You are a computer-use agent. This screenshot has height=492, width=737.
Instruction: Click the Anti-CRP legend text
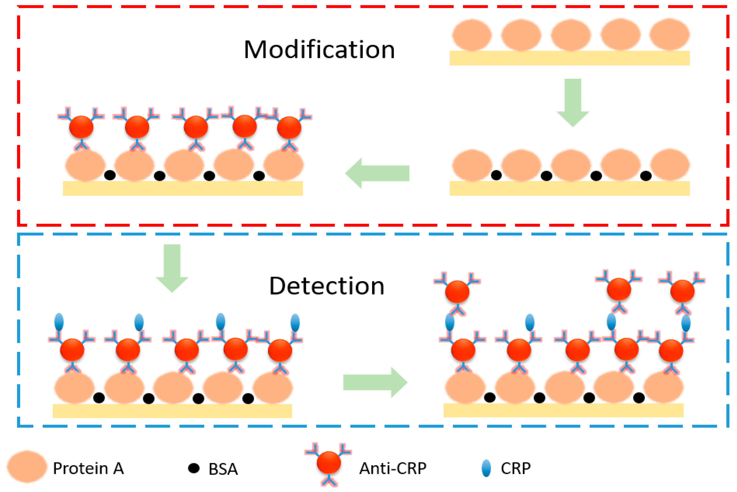pos(393,469)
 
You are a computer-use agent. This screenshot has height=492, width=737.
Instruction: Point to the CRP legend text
pos(516,469)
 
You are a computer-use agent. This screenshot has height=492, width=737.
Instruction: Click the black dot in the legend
pos(194,468)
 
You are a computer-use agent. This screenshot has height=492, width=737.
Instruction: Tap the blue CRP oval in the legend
pos(486,468)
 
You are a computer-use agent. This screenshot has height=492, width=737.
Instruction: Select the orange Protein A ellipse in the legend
pos(27,467)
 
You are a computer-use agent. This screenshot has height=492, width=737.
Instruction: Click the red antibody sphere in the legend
pos(329,462)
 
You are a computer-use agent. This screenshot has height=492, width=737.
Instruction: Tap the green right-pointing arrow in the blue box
pos(375,382)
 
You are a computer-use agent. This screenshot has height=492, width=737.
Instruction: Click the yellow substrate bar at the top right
pos(569,58)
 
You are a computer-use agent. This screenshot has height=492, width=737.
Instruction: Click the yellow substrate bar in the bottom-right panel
pos(563,410)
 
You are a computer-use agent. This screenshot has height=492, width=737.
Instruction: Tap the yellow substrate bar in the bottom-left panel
pos(172,411)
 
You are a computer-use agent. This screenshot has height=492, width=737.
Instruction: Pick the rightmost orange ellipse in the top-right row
pos(670,35)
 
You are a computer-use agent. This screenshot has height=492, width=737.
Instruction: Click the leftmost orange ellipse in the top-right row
pos(472,35)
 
